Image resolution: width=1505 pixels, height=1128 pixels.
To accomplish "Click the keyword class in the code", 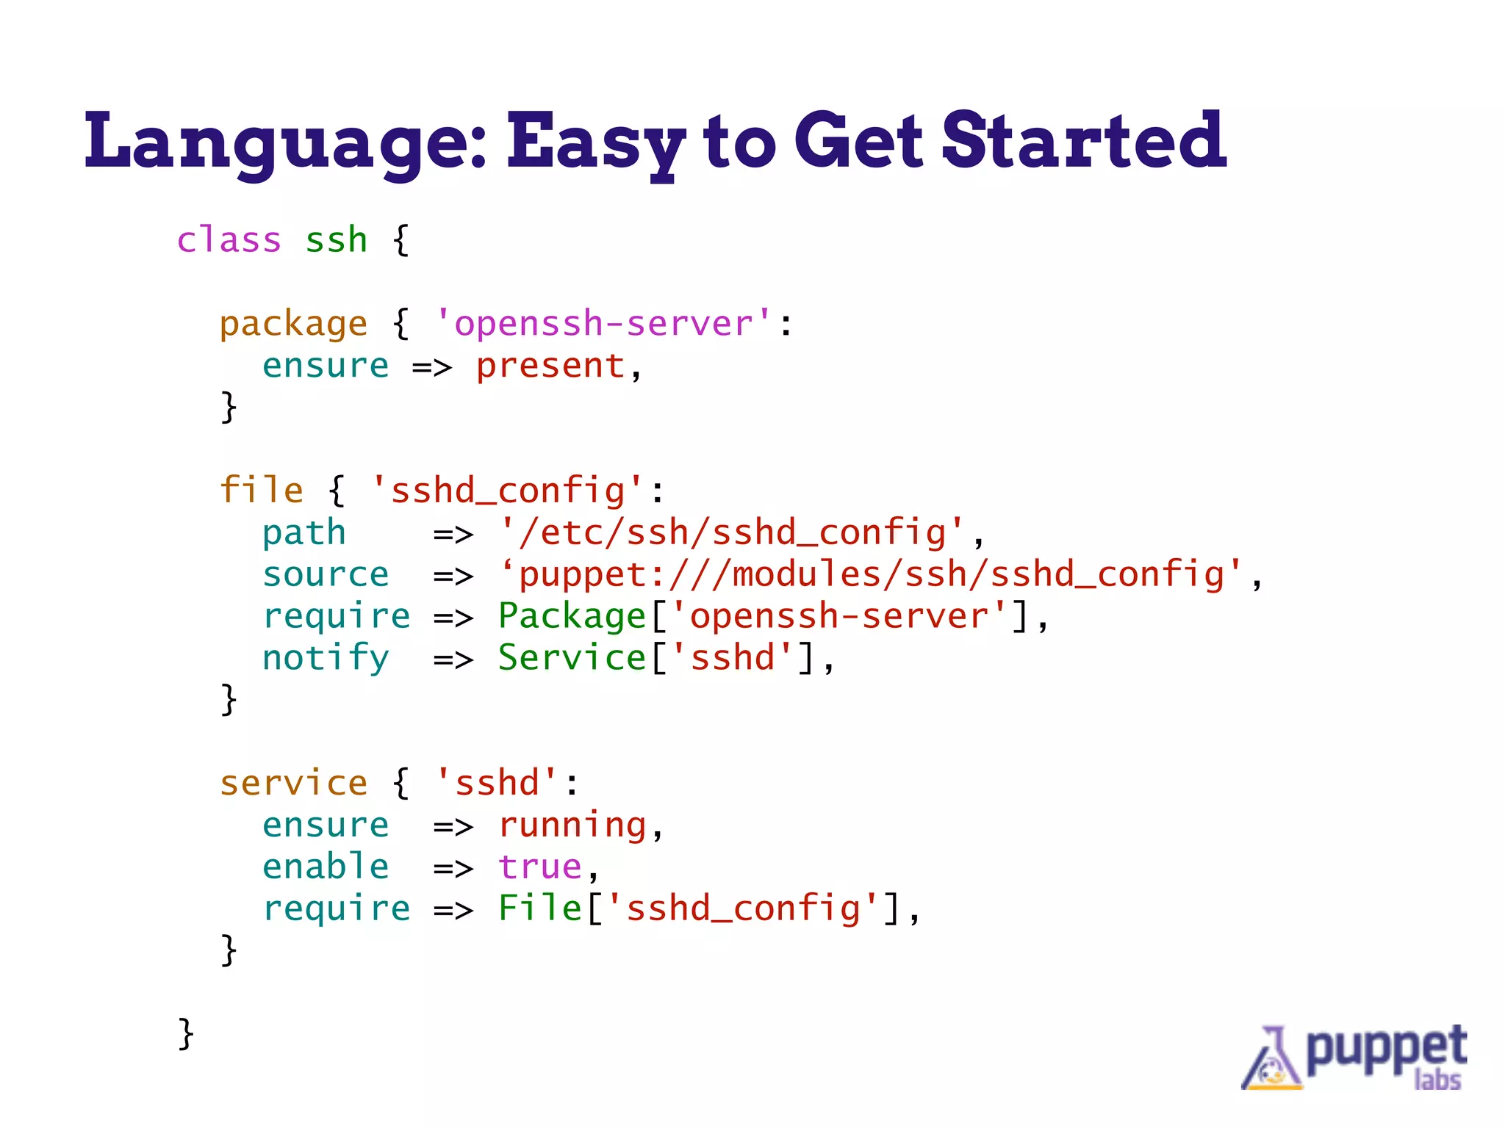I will tap(229, 240).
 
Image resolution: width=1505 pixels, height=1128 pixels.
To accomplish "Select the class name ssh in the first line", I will tap(336, 240).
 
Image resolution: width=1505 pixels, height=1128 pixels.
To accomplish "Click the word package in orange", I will tap(293, 324).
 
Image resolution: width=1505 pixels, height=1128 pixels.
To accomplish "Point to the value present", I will tap(550, 366).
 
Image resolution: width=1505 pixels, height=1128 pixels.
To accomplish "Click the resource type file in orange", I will tap(261, 491).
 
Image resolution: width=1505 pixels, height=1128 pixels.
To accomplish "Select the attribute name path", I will tap(303, 532).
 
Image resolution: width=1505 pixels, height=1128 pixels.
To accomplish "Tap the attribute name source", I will tap(326, 574).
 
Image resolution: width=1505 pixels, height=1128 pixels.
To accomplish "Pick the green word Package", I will tap(572, 616).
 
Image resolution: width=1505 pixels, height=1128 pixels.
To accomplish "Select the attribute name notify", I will tap(326, 658).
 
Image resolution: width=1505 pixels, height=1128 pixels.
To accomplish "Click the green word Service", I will tap(572, 658).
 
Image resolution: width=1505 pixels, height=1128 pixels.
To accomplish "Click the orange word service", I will tap(293, 784).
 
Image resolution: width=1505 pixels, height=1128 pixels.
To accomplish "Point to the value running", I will tap(572, 825).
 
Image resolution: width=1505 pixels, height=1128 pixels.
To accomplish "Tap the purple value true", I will tap(539, 867).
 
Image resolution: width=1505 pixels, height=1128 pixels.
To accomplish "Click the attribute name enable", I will tap(326, 867).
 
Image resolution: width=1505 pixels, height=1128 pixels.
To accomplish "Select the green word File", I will tap(539, 909).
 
